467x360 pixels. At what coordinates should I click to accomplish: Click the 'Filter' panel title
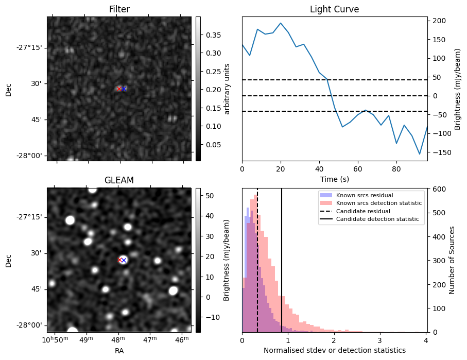click(x=119, y=9)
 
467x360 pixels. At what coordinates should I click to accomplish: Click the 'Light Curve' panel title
click(x=334, y=9)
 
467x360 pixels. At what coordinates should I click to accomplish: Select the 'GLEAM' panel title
click(x=119, y=180)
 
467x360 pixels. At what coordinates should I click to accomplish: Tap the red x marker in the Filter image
click(x=119, y=89)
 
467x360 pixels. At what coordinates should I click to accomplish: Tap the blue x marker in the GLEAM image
click(x=124, y=260)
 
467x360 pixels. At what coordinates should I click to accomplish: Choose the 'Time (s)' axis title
click(x=334, y=178)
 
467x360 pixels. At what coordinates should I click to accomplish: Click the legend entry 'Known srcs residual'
click(x=365, y=196)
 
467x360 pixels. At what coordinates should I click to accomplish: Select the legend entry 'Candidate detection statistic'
click(x=377, y=219)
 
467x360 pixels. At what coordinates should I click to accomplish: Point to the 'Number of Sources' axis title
click(x=452, y=260)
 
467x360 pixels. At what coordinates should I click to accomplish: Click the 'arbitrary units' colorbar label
click(x=227, y=89)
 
